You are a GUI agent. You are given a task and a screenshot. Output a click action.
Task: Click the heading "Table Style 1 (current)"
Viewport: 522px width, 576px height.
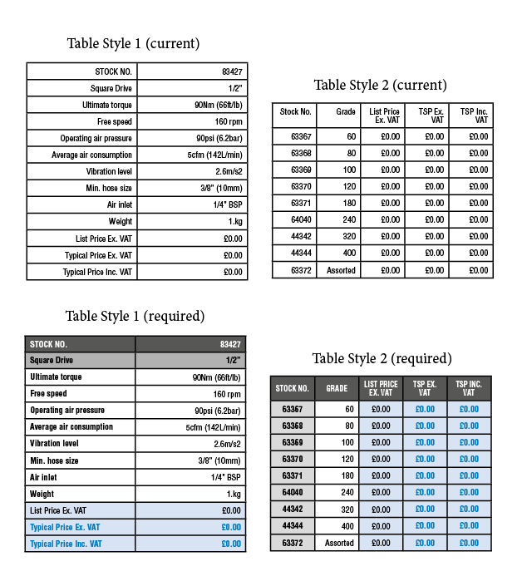[133, 43]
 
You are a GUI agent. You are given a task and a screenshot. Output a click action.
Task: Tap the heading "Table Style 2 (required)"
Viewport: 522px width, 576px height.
[382, 358]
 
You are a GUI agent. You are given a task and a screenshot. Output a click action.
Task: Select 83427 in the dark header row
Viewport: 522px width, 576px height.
[230, 344]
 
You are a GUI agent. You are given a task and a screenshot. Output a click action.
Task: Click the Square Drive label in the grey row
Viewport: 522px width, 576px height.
[52, 361]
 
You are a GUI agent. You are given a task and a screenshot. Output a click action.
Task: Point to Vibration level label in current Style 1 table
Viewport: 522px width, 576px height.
[108, 171]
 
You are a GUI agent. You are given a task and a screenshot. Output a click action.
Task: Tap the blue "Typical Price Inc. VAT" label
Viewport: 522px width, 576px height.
[66, 544]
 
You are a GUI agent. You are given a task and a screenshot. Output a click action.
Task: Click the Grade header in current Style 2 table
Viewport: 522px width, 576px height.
[346, 111]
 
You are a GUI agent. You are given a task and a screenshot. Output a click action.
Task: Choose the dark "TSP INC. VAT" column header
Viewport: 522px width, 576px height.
[469, 388]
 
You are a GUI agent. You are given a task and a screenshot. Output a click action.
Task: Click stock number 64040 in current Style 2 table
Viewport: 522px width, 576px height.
[301, 219]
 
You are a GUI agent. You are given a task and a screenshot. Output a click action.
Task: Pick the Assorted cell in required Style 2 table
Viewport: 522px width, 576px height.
[339, 542]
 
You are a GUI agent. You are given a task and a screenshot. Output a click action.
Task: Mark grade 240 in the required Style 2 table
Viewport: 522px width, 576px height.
[347, 492]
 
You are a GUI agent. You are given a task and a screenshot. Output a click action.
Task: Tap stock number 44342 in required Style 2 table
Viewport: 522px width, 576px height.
[292, 509]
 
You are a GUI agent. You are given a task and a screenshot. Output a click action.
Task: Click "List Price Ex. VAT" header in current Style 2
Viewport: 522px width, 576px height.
[384, 116]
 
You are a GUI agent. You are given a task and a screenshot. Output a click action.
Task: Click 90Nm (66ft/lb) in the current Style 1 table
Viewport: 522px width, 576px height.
[217, 105]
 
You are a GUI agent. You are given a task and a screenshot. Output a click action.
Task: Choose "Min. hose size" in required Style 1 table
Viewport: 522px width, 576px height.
[54, 460]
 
